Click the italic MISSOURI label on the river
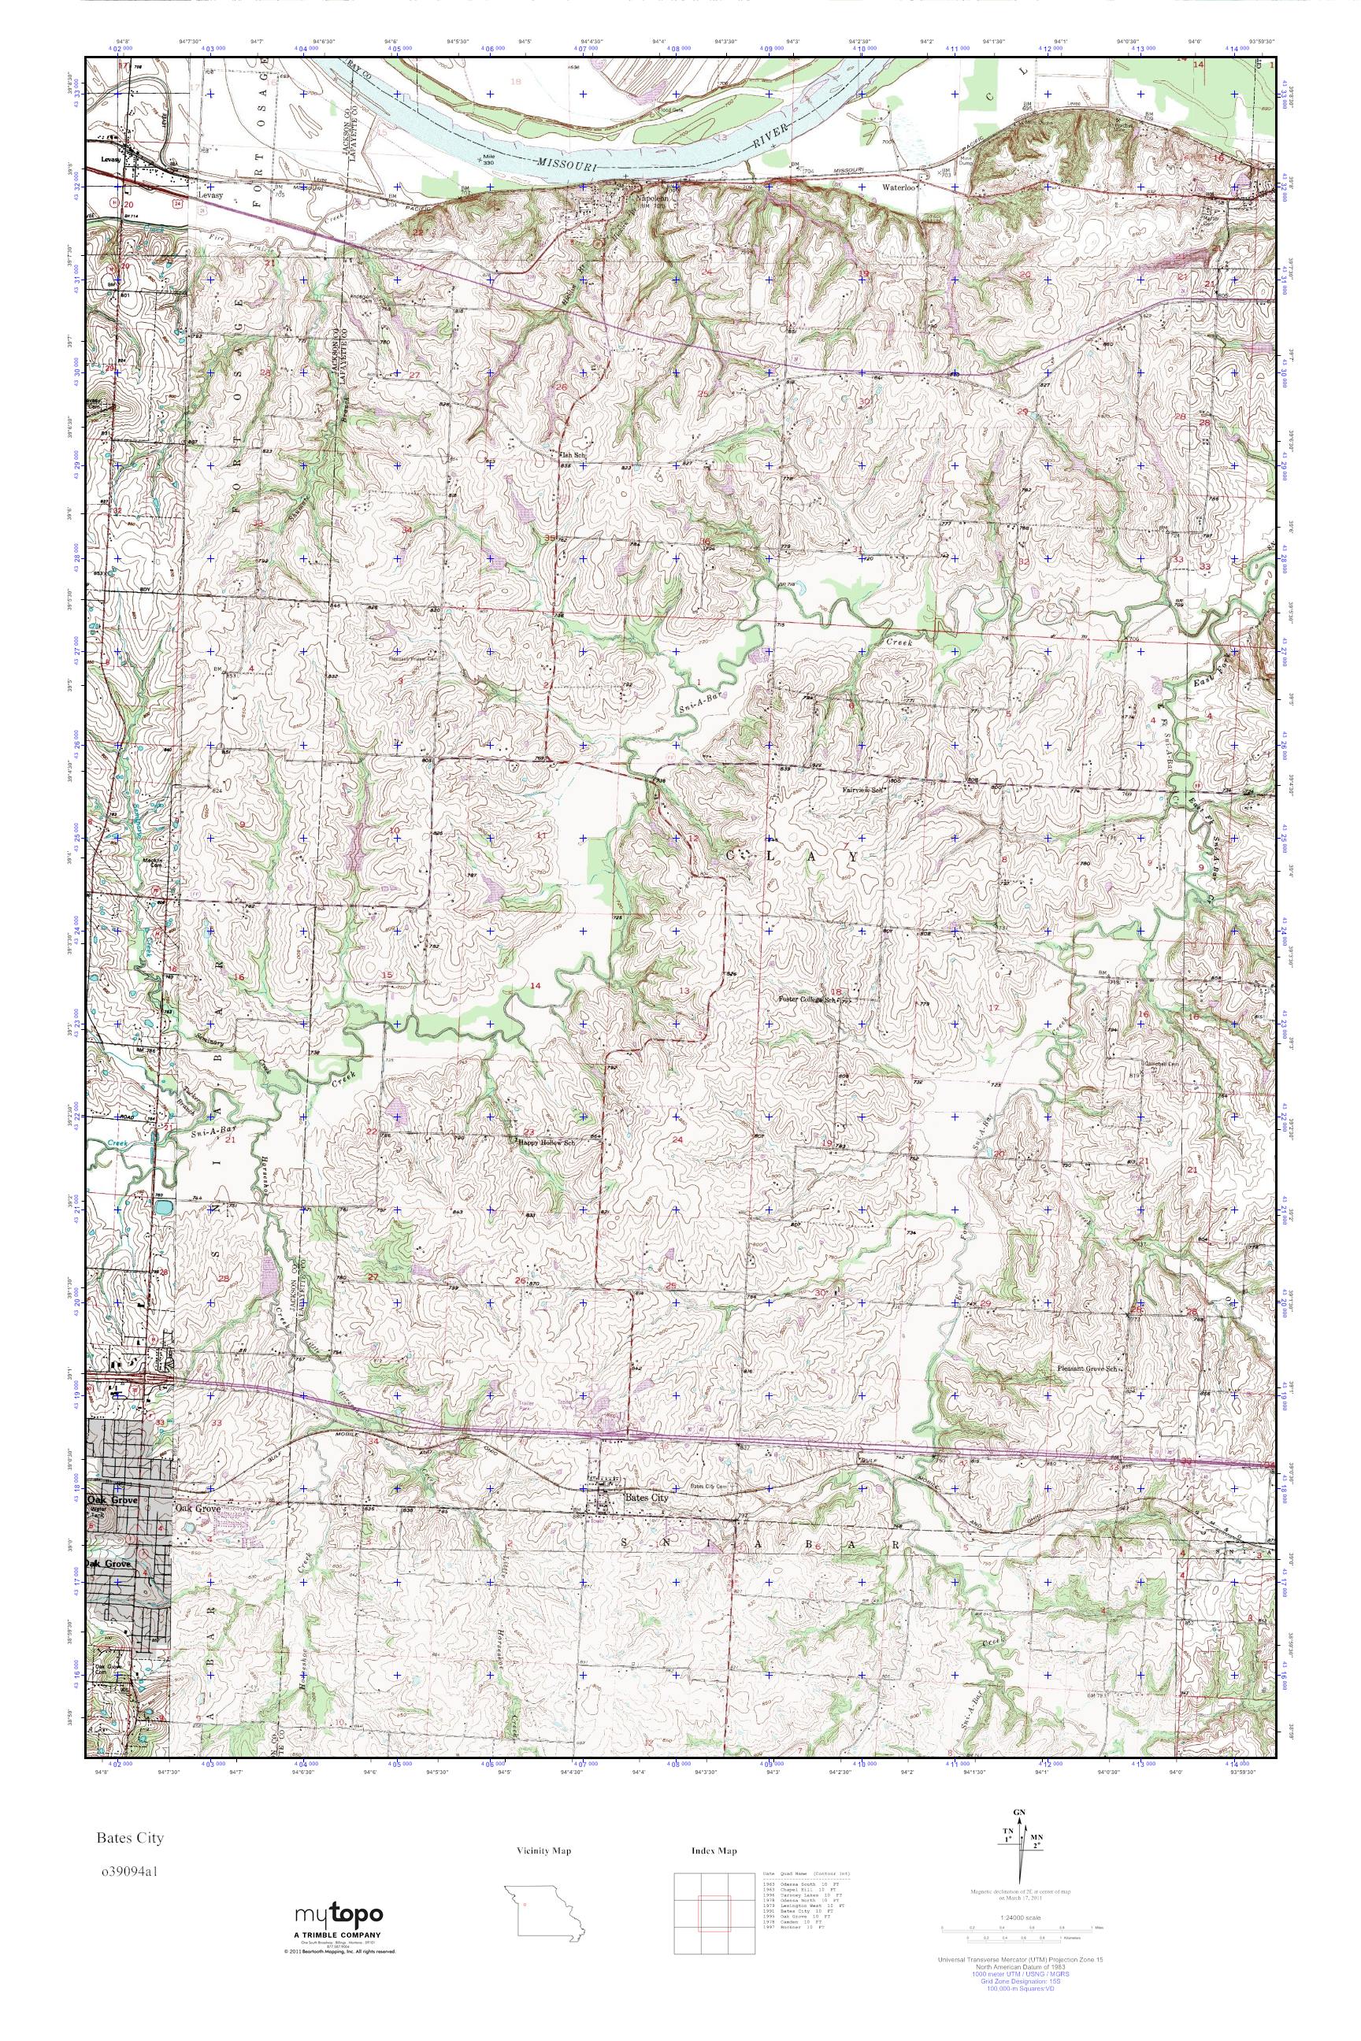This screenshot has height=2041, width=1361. click(x=565, y=163)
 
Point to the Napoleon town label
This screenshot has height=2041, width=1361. click(x=653, y=197)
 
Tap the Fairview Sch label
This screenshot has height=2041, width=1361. click(x=865, y=791)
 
